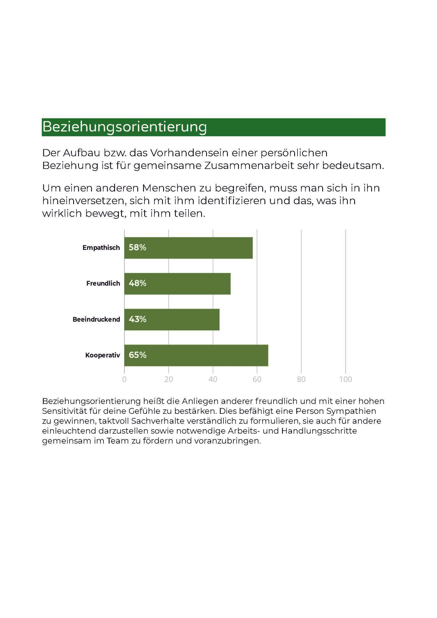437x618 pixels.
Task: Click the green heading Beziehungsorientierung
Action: pos(125,127)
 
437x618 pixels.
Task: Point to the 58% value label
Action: pos(138,248)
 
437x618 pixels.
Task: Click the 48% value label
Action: pos(138,283)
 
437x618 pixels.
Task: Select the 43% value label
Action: pos(138,319)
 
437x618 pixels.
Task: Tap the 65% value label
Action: pos(138,355)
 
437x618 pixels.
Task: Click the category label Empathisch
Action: pos(101,248)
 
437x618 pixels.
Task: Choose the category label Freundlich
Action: pos(103,284)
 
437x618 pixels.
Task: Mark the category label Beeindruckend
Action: pos(96,319)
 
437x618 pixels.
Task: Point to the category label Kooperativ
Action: pos(103,355)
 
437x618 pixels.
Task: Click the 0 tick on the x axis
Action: pos(124,379)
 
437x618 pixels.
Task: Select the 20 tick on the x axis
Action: pos(169,379)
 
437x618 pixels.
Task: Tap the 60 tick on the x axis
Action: pos(257,379)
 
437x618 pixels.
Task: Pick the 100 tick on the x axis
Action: pos(346,379)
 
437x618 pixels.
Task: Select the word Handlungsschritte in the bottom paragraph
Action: pos(319,431)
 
